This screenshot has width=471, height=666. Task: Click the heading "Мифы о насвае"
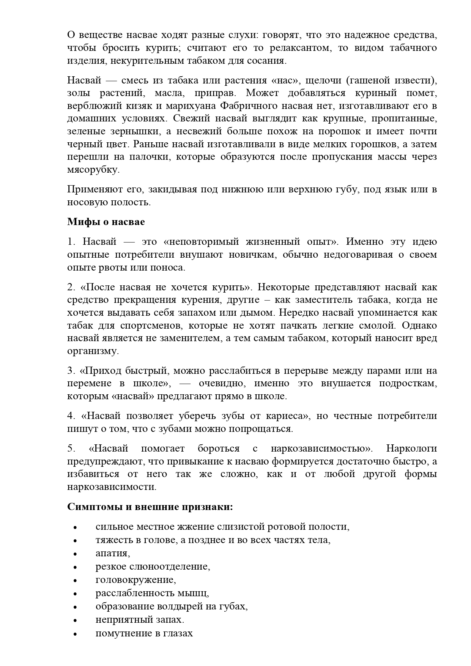pyautogui.click(x=106, y=222)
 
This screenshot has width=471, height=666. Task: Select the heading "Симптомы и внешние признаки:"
pyautogui.click(x=150, y=507)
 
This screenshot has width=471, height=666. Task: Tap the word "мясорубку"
pyautogui.click(x=93, y=170)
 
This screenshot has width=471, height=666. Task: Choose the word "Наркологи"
pyautogui.click(x=411, y=448)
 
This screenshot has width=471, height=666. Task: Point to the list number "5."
pyautogui.click(x=72, y=448)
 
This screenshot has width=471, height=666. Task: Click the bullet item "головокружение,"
pyautogui.click(x=136, y=579)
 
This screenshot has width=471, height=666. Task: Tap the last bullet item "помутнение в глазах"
pyautogui.click(x=144, y=633)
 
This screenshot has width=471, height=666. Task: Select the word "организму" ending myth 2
pyautogui.click(x=93, y=351)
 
